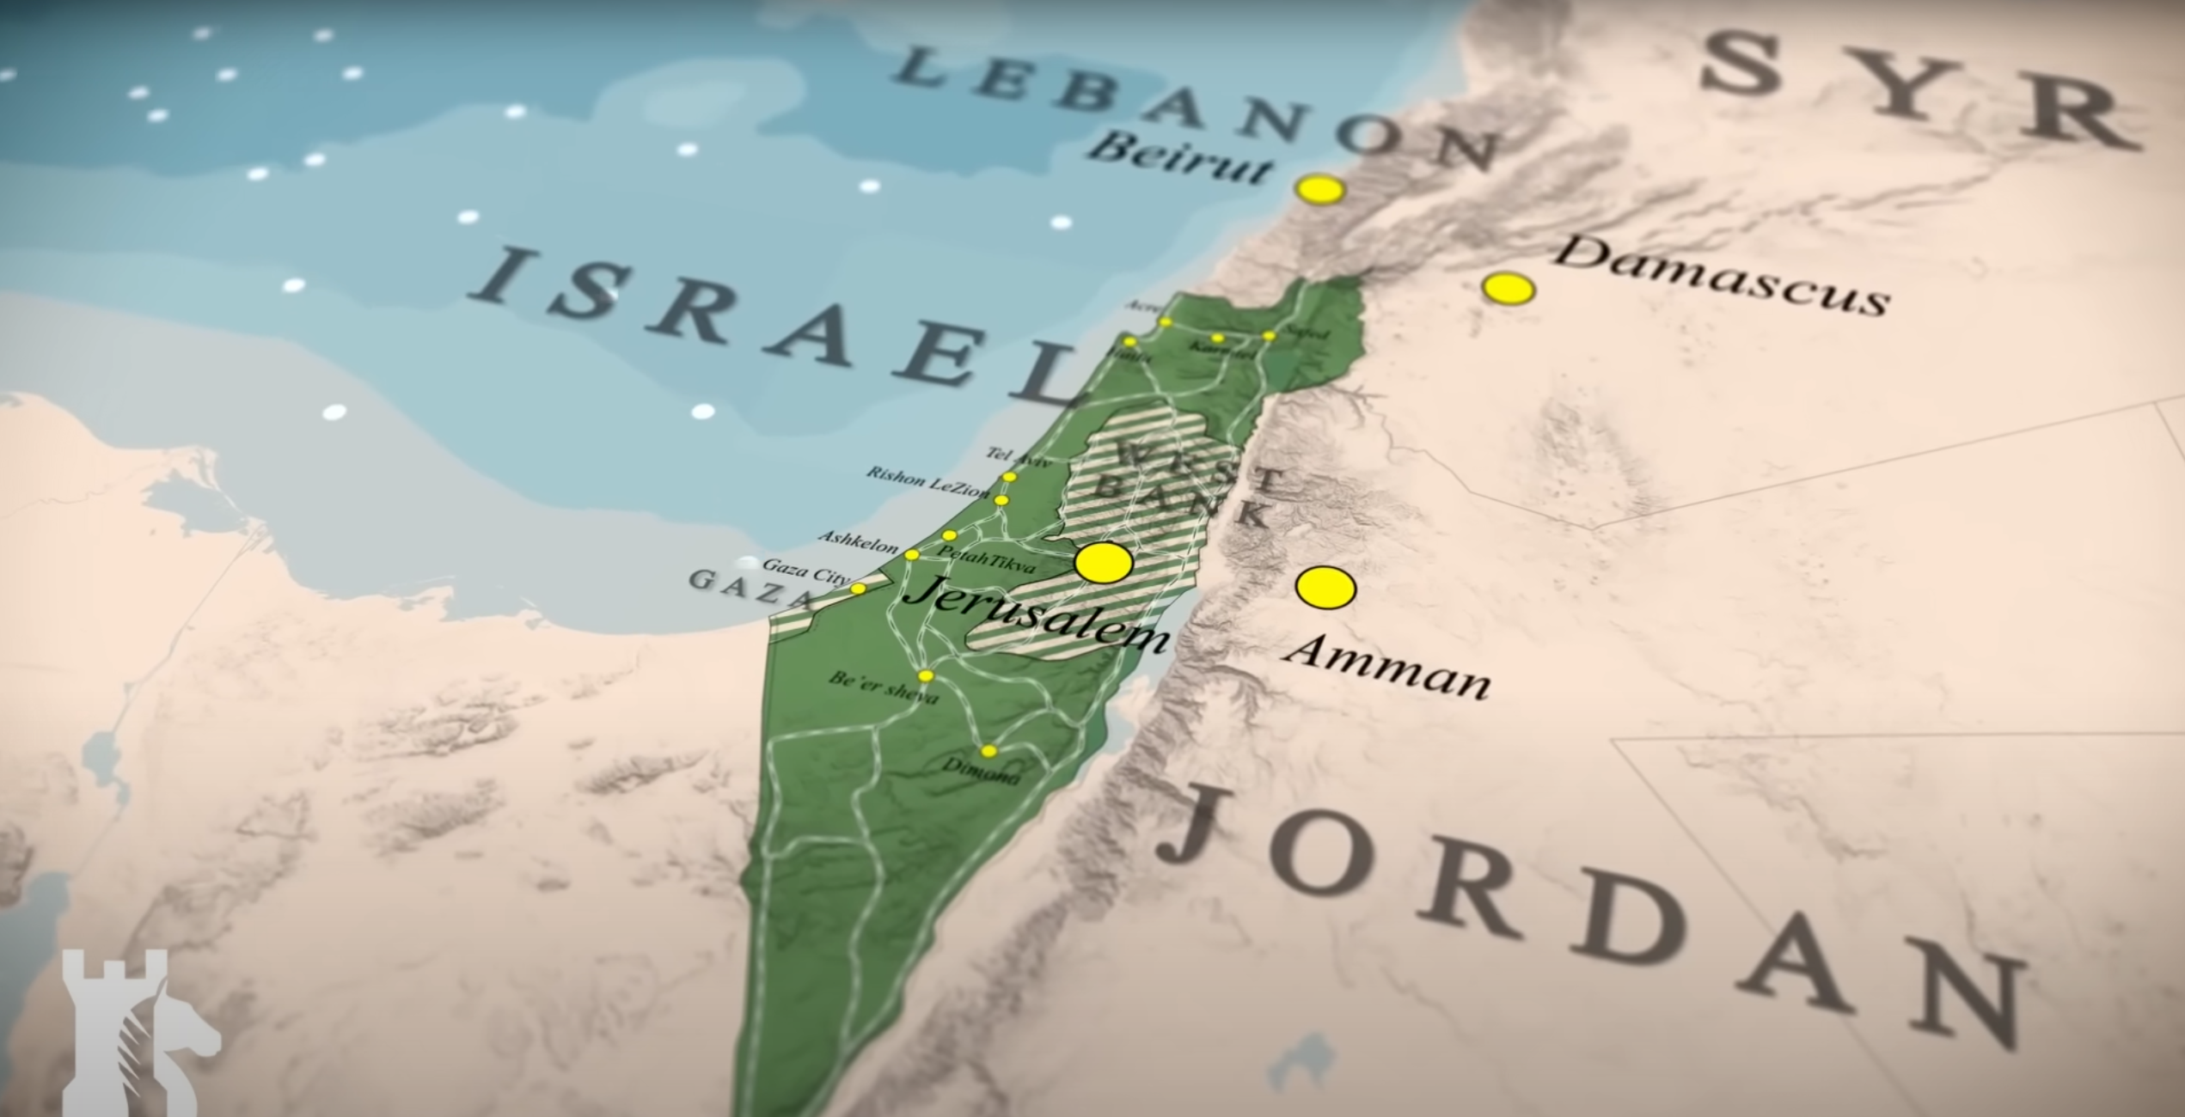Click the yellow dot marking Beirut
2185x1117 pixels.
1319,189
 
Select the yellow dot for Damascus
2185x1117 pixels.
1508,289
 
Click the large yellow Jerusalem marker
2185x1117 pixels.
1104,563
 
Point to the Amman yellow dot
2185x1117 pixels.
1325,589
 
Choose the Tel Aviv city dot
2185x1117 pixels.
1009,477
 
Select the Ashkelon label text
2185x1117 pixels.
858,542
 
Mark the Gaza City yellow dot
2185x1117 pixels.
857,589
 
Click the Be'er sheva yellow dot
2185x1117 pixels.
925,675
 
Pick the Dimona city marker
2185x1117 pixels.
988,751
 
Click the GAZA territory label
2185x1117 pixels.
740,587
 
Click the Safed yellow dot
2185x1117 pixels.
1269,336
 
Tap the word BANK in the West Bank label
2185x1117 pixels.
1186,502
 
